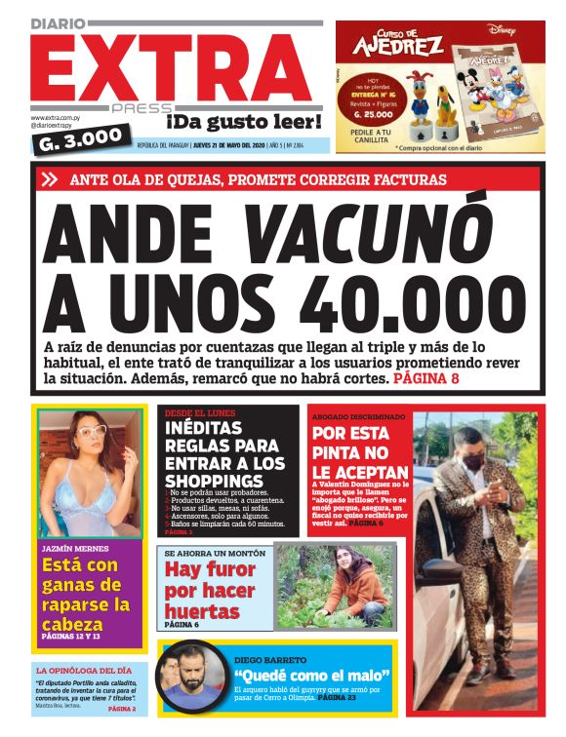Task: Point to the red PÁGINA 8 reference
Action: coord(426,377)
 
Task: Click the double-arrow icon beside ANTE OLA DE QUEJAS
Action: coord(49,179)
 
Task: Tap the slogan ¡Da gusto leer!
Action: coord(243,122)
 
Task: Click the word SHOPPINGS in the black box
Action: coord(214,481)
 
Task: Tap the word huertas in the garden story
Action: coord(203,611)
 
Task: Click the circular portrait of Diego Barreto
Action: coord(191,678)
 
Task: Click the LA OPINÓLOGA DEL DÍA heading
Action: coord(85,671)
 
